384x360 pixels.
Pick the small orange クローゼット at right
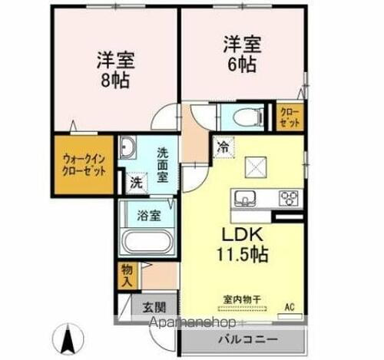(x=290, y=117)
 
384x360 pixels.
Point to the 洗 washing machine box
(x=136, y=183)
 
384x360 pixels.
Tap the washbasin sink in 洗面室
(x=127, y=148)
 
